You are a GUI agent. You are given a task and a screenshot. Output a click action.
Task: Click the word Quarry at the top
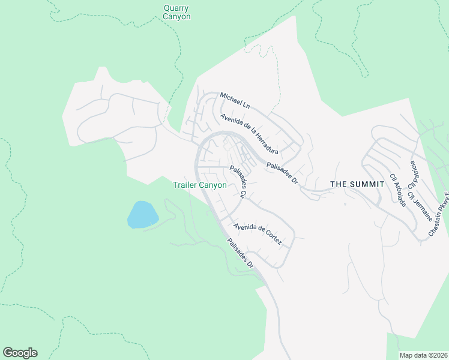coord(176,8)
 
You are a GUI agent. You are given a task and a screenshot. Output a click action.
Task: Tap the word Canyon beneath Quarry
coord(176,17)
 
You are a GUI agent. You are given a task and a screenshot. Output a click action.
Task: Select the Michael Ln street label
coord(234,100)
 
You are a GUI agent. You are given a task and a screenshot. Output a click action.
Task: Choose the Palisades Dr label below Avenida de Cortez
coord(240,253)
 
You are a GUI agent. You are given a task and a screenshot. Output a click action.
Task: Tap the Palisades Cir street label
coord(239,182)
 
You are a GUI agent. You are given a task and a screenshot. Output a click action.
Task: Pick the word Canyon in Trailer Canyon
coord(214,185)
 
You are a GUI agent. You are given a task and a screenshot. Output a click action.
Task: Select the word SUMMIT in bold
coord(366,184)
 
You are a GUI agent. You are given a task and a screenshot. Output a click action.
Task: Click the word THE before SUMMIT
coord(339,184)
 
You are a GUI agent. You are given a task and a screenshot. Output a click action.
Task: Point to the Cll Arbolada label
coord(398,190)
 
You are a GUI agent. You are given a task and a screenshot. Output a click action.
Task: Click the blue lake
coord(142,214)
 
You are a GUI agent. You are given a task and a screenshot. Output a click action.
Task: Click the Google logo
coord(20,353)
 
